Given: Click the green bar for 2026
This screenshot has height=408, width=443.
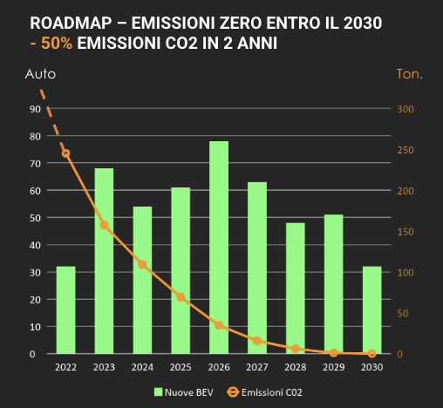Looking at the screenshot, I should click(x=219, y=248).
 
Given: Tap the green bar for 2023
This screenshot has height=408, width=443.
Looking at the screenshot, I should click(x=104, y=261).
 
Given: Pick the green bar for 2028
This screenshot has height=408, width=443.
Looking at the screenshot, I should click(x=296, y=289).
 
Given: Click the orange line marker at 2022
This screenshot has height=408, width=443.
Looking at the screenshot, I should click(x=65, y=153).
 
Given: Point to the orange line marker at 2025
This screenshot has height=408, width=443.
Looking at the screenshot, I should click(x=181, y=297).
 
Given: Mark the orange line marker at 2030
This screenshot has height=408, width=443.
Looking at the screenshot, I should click(x=371, y=353).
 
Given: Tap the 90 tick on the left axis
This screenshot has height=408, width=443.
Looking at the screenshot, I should click(x=35, y=109).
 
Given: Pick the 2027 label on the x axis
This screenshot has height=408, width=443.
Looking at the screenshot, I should click(x=257, y=368).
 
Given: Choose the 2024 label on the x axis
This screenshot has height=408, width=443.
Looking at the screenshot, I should click(x=142, y=368).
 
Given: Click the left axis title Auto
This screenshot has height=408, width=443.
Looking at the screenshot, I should click(x=39, y=74).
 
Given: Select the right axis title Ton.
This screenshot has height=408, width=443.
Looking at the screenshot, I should click(x=409, y=74).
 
